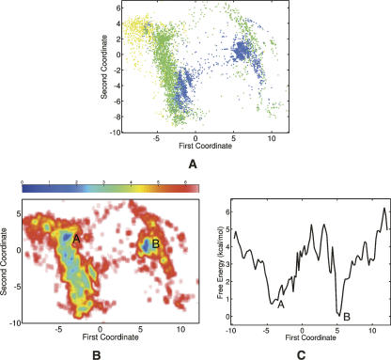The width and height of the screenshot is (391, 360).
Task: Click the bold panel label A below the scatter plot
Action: [195, 161]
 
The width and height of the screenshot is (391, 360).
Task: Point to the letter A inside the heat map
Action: [76, 239]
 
